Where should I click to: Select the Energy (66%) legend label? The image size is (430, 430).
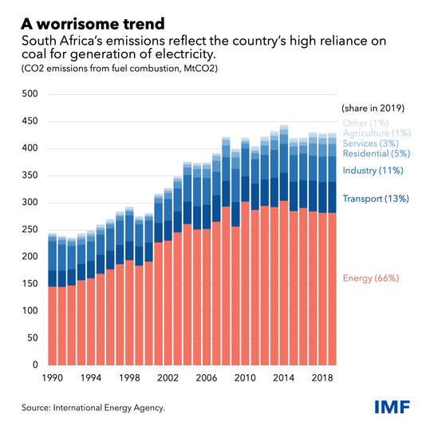[370, 278]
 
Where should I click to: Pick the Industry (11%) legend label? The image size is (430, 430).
[373, 171]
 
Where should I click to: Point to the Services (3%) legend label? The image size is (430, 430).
[371, 143]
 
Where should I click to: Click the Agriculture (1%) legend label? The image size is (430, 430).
[377, 132]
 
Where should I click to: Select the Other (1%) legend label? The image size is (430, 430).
[365, 123]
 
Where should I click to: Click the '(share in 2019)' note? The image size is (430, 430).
[374, 107]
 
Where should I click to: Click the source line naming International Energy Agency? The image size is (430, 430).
[93, 408]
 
